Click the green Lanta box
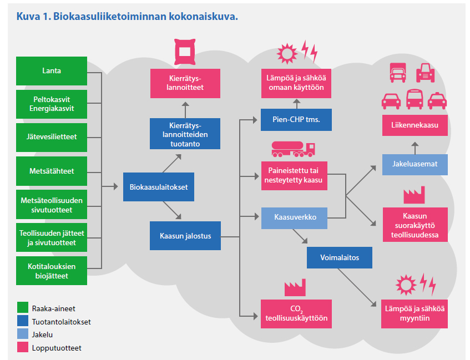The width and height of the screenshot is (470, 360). pos(52,71)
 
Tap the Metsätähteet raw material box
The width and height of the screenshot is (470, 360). pos(52,171)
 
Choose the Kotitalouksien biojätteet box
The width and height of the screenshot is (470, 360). pos(52,271)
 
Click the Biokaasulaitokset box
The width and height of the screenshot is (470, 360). pos(158,187)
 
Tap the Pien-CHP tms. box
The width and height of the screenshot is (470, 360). pos(296,119)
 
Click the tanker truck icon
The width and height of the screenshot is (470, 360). pos(293,149)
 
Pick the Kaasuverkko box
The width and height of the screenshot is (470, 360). pos(295,217)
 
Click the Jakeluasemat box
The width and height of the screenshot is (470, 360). pos(414,164)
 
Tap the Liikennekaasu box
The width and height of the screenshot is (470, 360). pos(414,125)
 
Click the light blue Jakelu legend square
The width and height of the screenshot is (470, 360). pos(23,334)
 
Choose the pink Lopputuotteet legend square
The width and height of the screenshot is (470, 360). pos(23,348)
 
